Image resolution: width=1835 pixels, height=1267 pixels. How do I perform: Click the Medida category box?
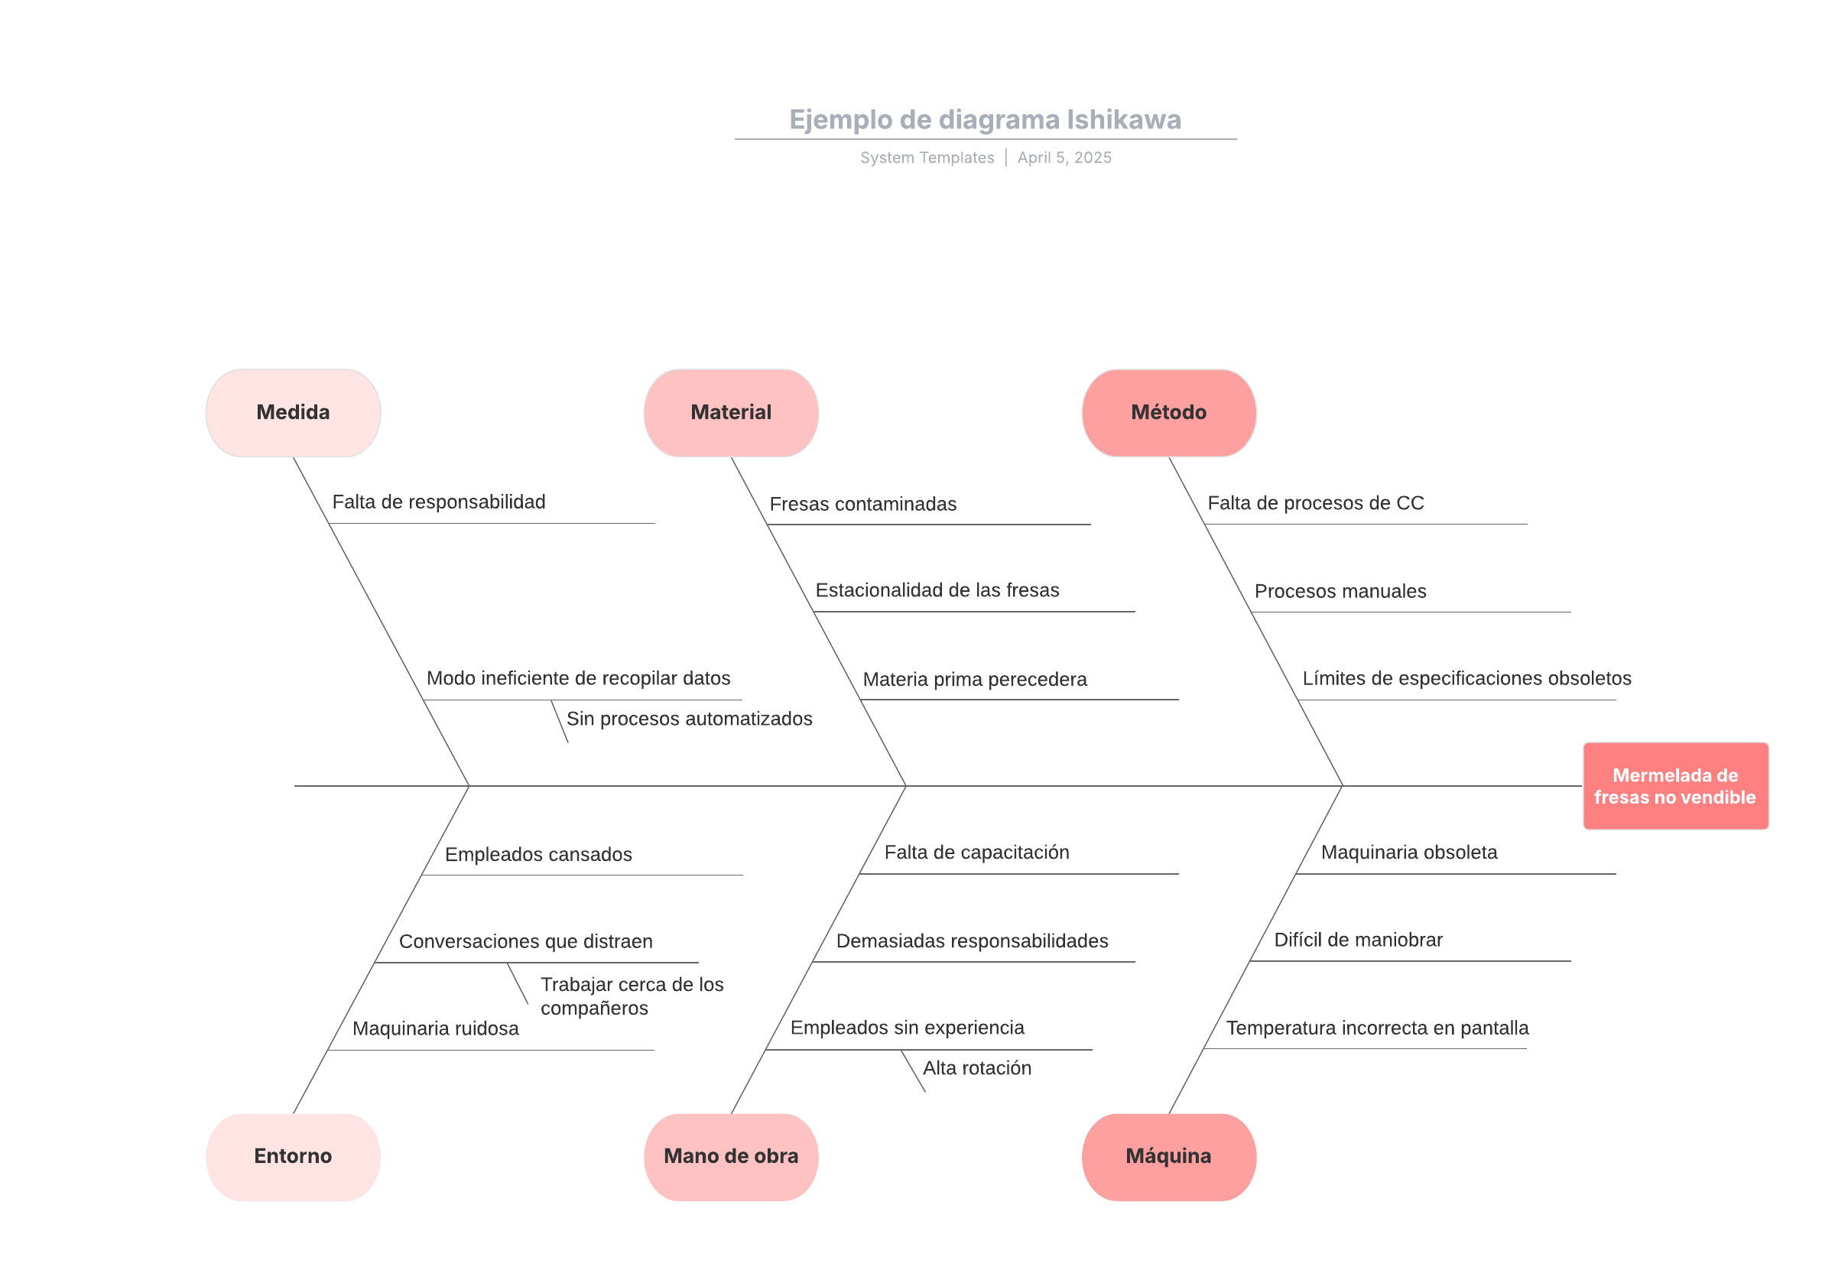(293, 412)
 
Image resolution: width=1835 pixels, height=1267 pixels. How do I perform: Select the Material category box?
(730, 412)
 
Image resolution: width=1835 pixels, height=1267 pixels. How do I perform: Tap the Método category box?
(1168, 412)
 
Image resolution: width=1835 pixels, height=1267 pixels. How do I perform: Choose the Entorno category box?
(293, 1156)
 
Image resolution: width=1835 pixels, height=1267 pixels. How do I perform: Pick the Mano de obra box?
(730, 1156)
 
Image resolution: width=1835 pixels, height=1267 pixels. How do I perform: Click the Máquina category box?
(1168, 1156)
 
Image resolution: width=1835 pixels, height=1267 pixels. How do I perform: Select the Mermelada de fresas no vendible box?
(1674, 786)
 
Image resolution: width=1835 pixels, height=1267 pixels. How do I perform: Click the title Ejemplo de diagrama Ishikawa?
(985, 119)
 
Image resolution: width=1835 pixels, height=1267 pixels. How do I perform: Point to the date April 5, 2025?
(1064, 158)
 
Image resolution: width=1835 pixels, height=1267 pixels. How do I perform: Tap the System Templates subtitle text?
(927, 158)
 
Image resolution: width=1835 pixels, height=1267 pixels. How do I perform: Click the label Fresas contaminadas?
(862, 504)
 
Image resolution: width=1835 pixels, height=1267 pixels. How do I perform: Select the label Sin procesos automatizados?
(689, 719)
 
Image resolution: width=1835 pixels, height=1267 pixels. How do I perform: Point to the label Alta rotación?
(977, 1067)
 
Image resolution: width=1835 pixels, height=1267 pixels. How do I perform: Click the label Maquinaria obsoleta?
(1409, 852)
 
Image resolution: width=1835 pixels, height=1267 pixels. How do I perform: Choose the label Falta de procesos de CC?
(1315, 502)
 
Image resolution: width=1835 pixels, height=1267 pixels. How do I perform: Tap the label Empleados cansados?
(538, 854)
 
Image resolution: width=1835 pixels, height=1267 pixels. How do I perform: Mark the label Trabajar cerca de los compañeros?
(632, 996)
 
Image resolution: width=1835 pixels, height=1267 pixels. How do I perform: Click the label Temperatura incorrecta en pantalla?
(1377, 1028)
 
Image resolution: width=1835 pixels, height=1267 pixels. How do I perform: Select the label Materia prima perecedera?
(975, 680)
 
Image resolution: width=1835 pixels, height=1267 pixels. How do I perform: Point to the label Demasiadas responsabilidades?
(973, 941)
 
